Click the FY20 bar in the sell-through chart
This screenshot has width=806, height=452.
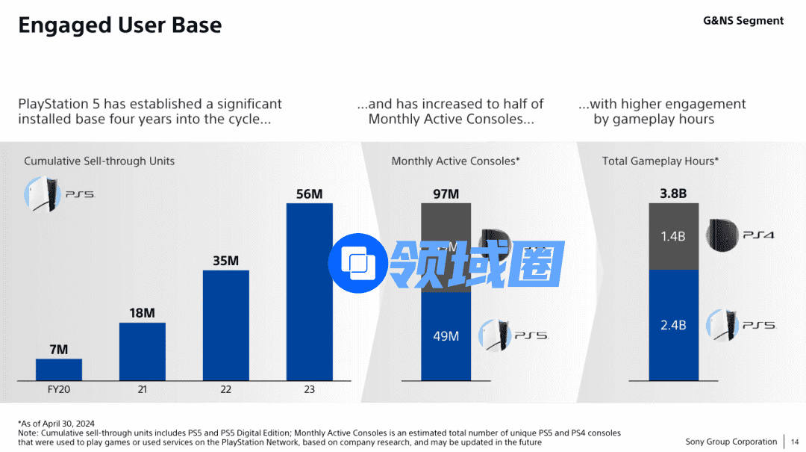click(x=59, y=369)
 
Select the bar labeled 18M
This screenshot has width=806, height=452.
click(x=143, y=351)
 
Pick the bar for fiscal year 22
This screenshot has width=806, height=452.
click(x=226, y=325)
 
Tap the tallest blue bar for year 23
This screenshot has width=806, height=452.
click(x=310, y=291)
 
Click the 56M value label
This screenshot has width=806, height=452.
click(x=310, y=194)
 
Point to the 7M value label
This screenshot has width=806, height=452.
click(x=59, y=350)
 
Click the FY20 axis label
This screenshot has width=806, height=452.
click(x=59, y=389)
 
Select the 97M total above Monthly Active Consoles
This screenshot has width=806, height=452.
click(x=446, y=194)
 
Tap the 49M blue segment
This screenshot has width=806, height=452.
click(x=446, y=336)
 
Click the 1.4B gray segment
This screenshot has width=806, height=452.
click(x=673, y=236)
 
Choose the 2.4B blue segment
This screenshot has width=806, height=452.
click(x=673, y=325)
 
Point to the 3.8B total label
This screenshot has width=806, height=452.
click(x=673, y=194)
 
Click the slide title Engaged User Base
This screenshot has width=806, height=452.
click(x=119, y=25)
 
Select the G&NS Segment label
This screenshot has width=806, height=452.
click(x=743, y=21)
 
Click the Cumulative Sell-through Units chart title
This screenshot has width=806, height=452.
click(x=99, y=161)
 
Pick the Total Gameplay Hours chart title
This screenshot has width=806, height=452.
click(x=660, y=161)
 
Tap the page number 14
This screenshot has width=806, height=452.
click(x=794, y=442)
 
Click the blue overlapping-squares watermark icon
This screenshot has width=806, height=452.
click(x=359, y=262)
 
